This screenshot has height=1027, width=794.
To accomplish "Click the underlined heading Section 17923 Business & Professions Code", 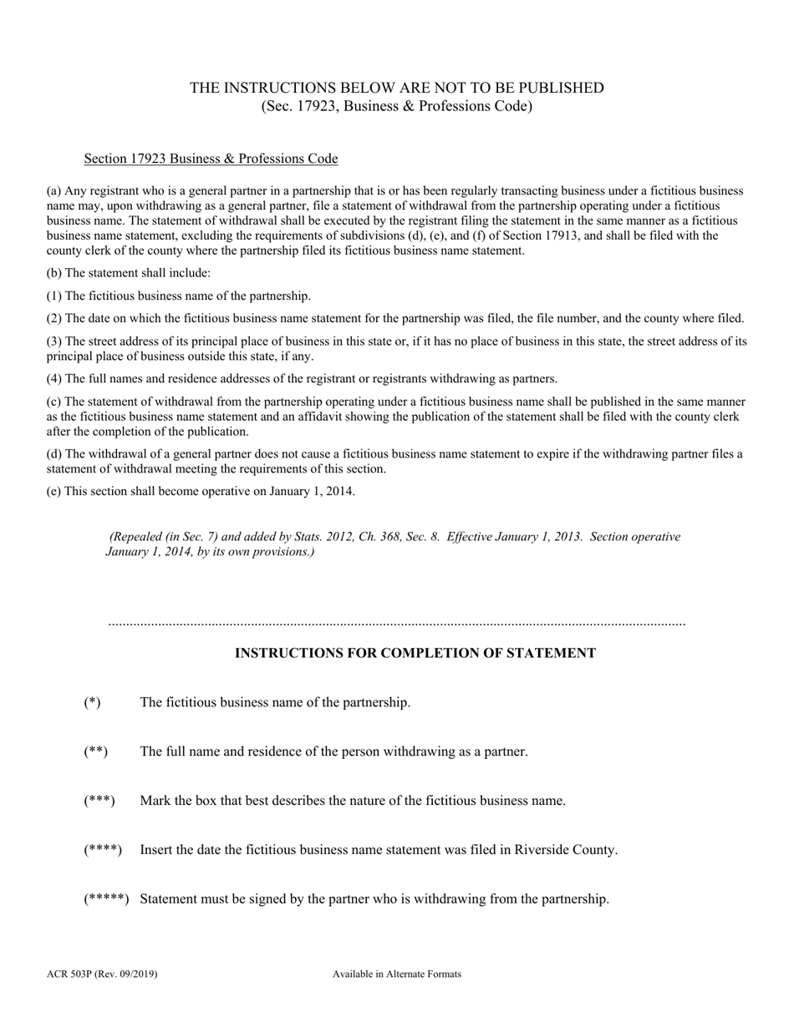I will click(211, 159).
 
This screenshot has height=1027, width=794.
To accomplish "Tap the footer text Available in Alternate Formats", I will click(396, 974).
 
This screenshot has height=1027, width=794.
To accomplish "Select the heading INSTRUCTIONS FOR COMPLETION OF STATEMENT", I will click(415, 653).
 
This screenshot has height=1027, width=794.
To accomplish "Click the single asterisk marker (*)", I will click(92, 702).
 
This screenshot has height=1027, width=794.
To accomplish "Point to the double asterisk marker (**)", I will click(95, 751).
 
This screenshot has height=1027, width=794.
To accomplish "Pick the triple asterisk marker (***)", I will click(99, 801).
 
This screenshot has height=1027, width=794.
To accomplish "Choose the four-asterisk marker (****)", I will click(103, 850).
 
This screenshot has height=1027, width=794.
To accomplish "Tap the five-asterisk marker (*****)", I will click(106, 899).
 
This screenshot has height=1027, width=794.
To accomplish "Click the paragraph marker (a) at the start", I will click(53, 190).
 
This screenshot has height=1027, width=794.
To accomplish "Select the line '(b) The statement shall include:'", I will click(128, 273).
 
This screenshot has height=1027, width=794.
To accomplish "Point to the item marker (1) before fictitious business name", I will click(53, 296).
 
